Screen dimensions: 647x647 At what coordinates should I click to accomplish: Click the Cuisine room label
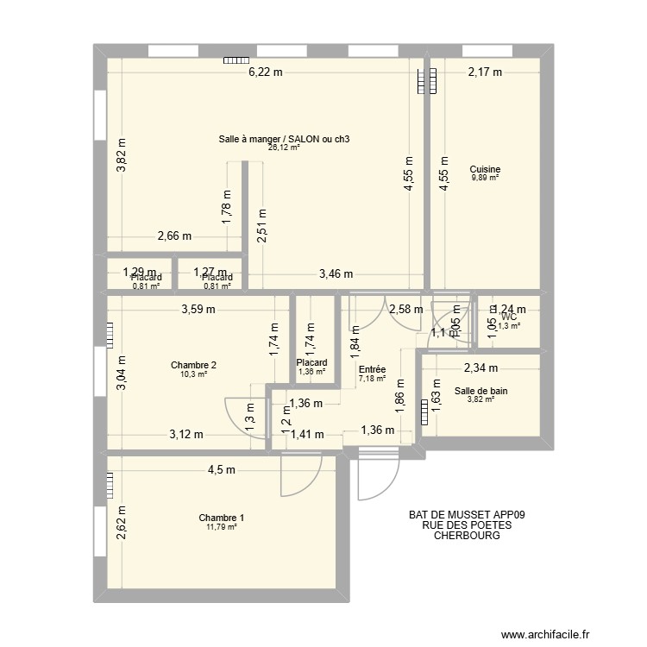click(x=485, y=169)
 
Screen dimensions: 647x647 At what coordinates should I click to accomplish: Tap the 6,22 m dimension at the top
click(x=266, y=73)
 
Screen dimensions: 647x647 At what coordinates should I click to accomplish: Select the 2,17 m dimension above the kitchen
click(x=484, y=73)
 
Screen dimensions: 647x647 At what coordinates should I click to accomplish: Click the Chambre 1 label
click(x=221, y=518)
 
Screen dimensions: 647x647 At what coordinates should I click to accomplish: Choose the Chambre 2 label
click(x=193, y=365)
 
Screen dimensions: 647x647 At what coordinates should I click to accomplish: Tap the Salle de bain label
click(x=481, y=391)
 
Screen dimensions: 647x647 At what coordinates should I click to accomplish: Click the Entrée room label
click(x=371, y=369)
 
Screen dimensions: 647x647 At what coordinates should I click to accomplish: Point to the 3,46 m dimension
click(x=336, y=274)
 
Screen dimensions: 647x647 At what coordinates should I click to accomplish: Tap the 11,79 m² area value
click(x=221, y=527)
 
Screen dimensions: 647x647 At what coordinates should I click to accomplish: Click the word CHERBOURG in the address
click(x=467, y=536)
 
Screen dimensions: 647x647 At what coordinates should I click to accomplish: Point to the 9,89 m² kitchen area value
click(x=485, y=178)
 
